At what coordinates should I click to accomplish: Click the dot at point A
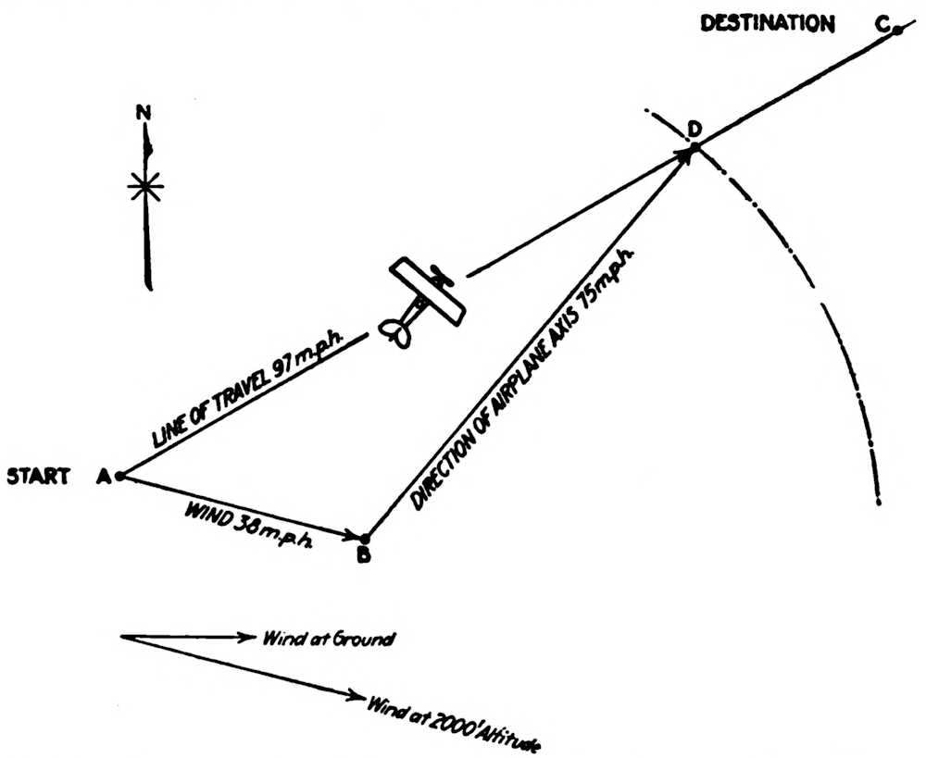(120, 477)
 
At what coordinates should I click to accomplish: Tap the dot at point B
(365, 538)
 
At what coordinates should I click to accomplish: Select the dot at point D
(694, 146)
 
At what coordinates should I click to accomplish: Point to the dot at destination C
(897, 31)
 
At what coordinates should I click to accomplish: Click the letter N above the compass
(144, 113)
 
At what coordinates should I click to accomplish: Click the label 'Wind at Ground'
(316, 638)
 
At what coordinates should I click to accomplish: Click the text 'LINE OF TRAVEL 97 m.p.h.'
(246, 394)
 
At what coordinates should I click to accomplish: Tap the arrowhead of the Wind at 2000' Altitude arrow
(356, 695)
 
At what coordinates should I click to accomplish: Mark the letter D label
(690, 127)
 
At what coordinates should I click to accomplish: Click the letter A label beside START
(103, 478)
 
